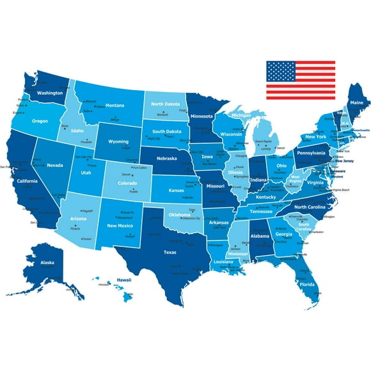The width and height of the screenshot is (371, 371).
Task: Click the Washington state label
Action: click(49, 93)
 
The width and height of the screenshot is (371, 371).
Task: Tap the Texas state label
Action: click(170, 252)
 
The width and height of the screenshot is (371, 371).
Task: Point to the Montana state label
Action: click(115, 106)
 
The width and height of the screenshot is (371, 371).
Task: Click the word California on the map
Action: click(28, 181)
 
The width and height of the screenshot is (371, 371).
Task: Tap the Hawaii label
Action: click(123, 280)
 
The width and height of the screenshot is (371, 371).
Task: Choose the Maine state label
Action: click(356, 102)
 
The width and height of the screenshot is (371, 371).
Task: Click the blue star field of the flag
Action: click(278, 71)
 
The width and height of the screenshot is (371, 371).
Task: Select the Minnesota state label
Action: click(201, 116)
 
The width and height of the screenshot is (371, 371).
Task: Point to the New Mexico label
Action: click(120, 225)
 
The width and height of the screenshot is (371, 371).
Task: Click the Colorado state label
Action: click(128, 182)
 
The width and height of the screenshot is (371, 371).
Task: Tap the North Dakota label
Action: click(166, 104)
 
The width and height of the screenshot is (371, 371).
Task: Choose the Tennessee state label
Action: click(260, 211)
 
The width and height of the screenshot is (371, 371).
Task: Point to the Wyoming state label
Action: click(118, 141)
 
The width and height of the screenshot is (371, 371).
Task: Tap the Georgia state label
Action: click(284, 234)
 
